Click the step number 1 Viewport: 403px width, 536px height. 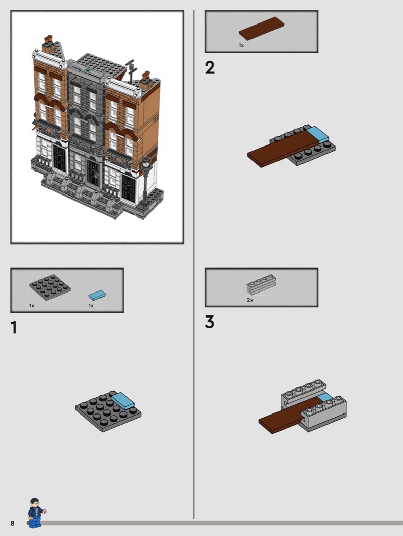(14, 328)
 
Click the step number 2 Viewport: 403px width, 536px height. (210, 67)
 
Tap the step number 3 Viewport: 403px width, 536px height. (209, 322)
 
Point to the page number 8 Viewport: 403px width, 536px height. (13, 523)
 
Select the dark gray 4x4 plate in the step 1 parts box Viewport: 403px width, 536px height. (50, 287)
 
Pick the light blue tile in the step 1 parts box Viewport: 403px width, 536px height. (97, 296)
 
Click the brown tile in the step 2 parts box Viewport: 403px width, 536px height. (261, 29)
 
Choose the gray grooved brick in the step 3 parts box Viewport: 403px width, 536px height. (261, 284)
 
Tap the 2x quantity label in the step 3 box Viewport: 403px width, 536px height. (250, 300)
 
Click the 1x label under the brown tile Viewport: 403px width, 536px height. (241, 45)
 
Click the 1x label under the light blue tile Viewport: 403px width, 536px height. (91, 306)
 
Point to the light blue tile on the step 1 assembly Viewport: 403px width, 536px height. (122, 401)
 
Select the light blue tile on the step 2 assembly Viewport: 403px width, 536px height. (317, 134)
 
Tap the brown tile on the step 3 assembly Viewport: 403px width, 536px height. (287, 415)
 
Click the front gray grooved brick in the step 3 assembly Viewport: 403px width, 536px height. (324, 413)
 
